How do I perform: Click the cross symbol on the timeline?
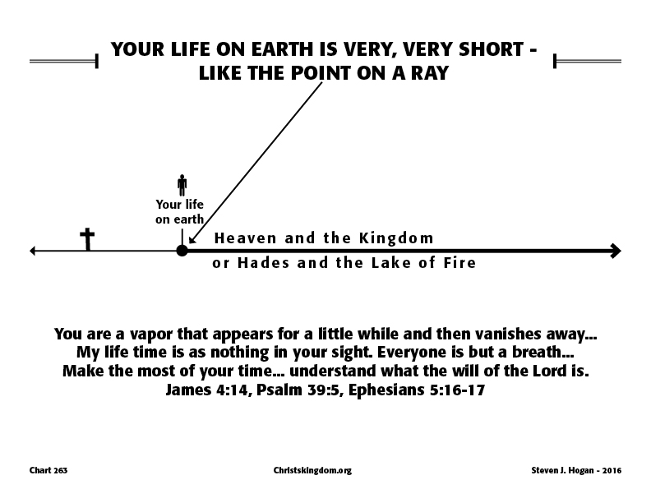click(87, 239)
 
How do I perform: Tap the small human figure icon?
click(182, 185)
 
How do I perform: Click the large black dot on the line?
click(182, 250)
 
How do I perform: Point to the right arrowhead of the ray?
click(616, 251)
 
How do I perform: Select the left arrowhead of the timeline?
click(32, 251)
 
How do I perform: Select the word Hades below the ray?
click(263, 262)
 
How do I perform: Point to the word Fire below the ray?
click(459, 262)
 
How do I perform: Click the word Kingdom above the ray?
click(396, 238)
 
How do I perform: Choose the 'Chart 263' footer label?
click(48, 470)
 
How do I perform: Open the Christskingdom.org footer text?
click(312, 470)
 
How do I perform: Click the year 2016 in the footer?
click(612, 470)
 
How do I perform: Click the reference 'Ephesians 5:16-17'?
click(417, 390)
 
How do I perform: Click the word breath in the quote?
click(537, 352)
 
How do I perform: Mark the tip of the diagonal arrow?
click(189, 243)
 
